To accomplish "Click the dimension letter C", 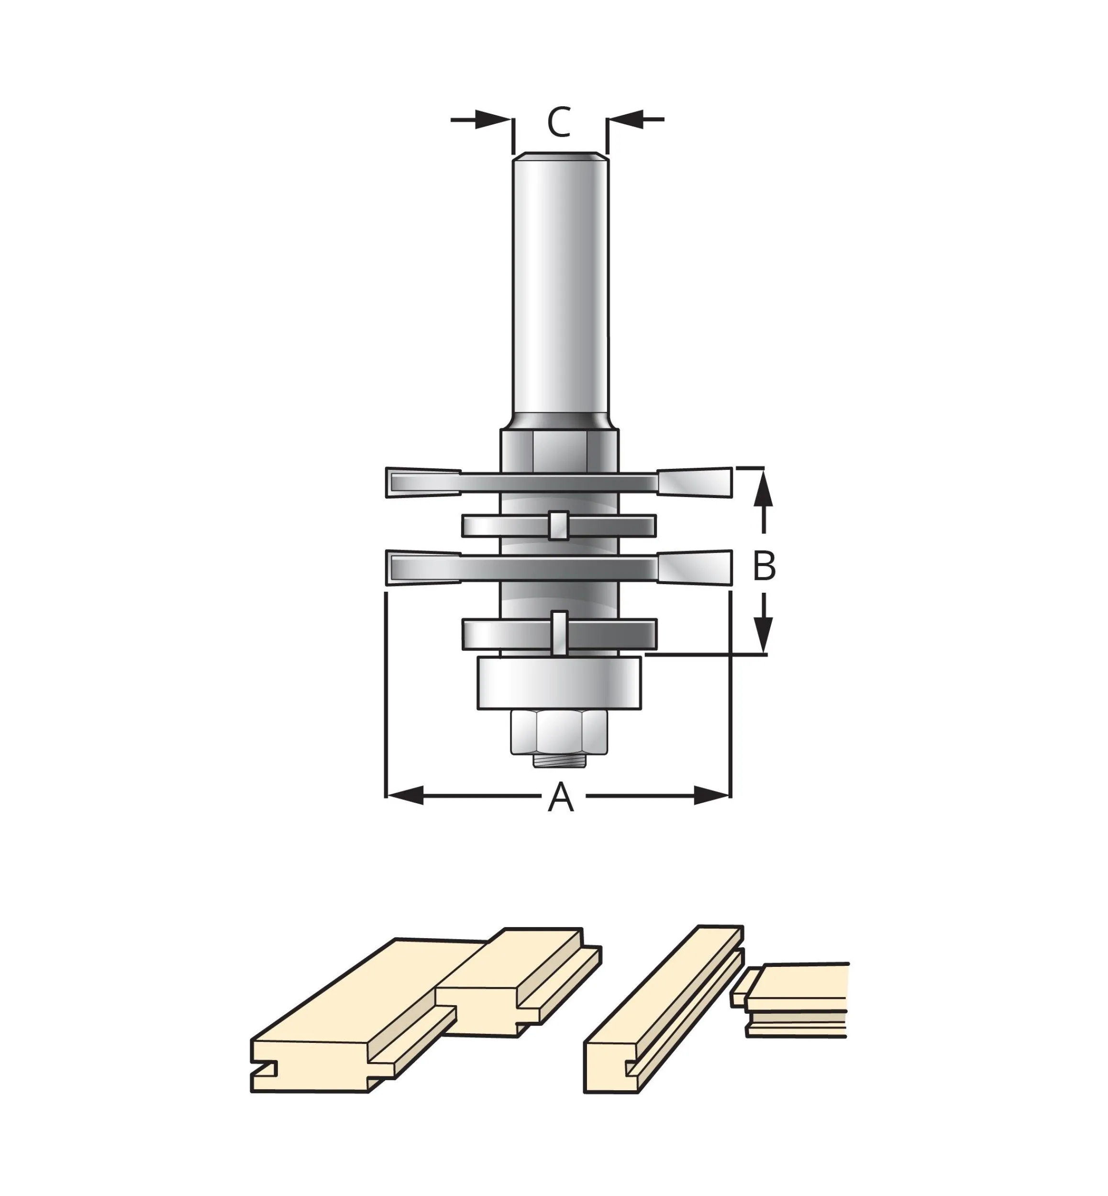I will click(559, 122).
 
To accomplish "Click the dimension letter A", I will click(561, 797).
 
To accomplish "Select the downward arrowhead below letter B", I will click(763, 635).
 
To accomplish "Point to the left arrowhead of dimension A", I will click(405, 796).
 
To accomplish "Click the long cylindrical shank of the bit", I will click(560, 288).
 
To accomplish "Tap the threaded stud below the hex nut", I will click(559, 760).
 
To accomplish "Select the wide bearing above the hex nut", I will click(559, 684).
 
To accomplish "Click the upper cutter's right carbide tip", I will click(696, 483).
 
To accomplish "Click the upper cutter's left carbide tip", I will click(423, 483).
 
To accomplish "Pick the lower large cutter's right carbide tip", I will click(696, 567).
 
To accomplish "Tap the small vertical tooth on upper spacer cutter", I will click(558, 526).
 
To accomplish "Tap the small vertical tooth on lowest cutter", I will click(559, 633).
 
